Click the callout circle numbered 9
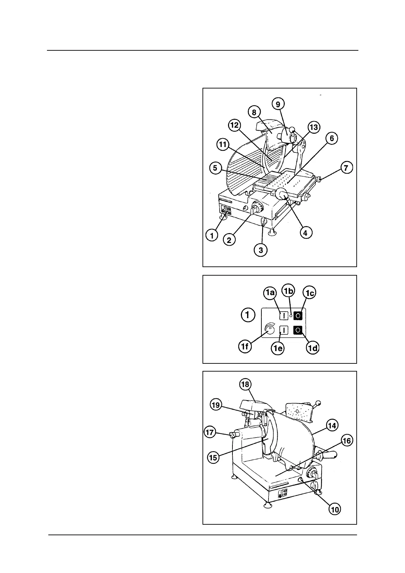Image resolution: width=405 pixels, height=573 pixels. click(x=278, y=104)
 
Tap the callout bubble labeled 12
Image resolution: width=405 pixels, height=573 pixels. click(x=234, y=125)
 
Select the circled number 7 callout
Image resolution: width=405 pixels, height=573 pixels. click(x=346, y=168)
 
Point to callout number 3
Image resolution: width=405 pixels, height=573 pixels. click(x=261, y=250)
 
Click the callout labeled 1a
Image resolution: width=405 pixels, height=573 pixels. click(x=270, y=292)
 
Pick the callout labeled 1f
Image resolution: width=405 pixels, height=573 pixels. click(x=244, y=347)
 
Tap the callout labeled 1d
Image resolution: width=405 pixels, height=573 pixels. click(x=312, y=348)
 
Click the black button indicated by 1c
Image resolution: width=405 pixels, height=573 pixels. click(x=298, y=315)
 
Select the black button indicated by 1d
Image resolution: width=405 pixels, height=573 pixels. click(x=298, y=330)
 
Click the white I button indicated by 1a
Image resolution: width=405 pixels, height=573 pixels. click(x=283, y=315)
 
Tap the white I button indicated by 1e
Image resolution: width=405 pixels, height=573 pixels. click(x=283, y=330)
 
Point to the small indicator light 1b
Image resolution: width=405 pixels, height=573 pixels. click(x=291, y=315)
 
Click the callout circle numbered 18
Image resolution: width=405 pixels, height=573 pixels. click(x=245, y=384)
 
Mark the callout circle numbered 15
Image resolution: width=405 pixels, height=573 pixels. click(x=213, y=458)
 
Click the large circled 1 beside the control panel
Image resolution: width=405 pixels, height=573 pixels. click(x=248, y=315)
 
